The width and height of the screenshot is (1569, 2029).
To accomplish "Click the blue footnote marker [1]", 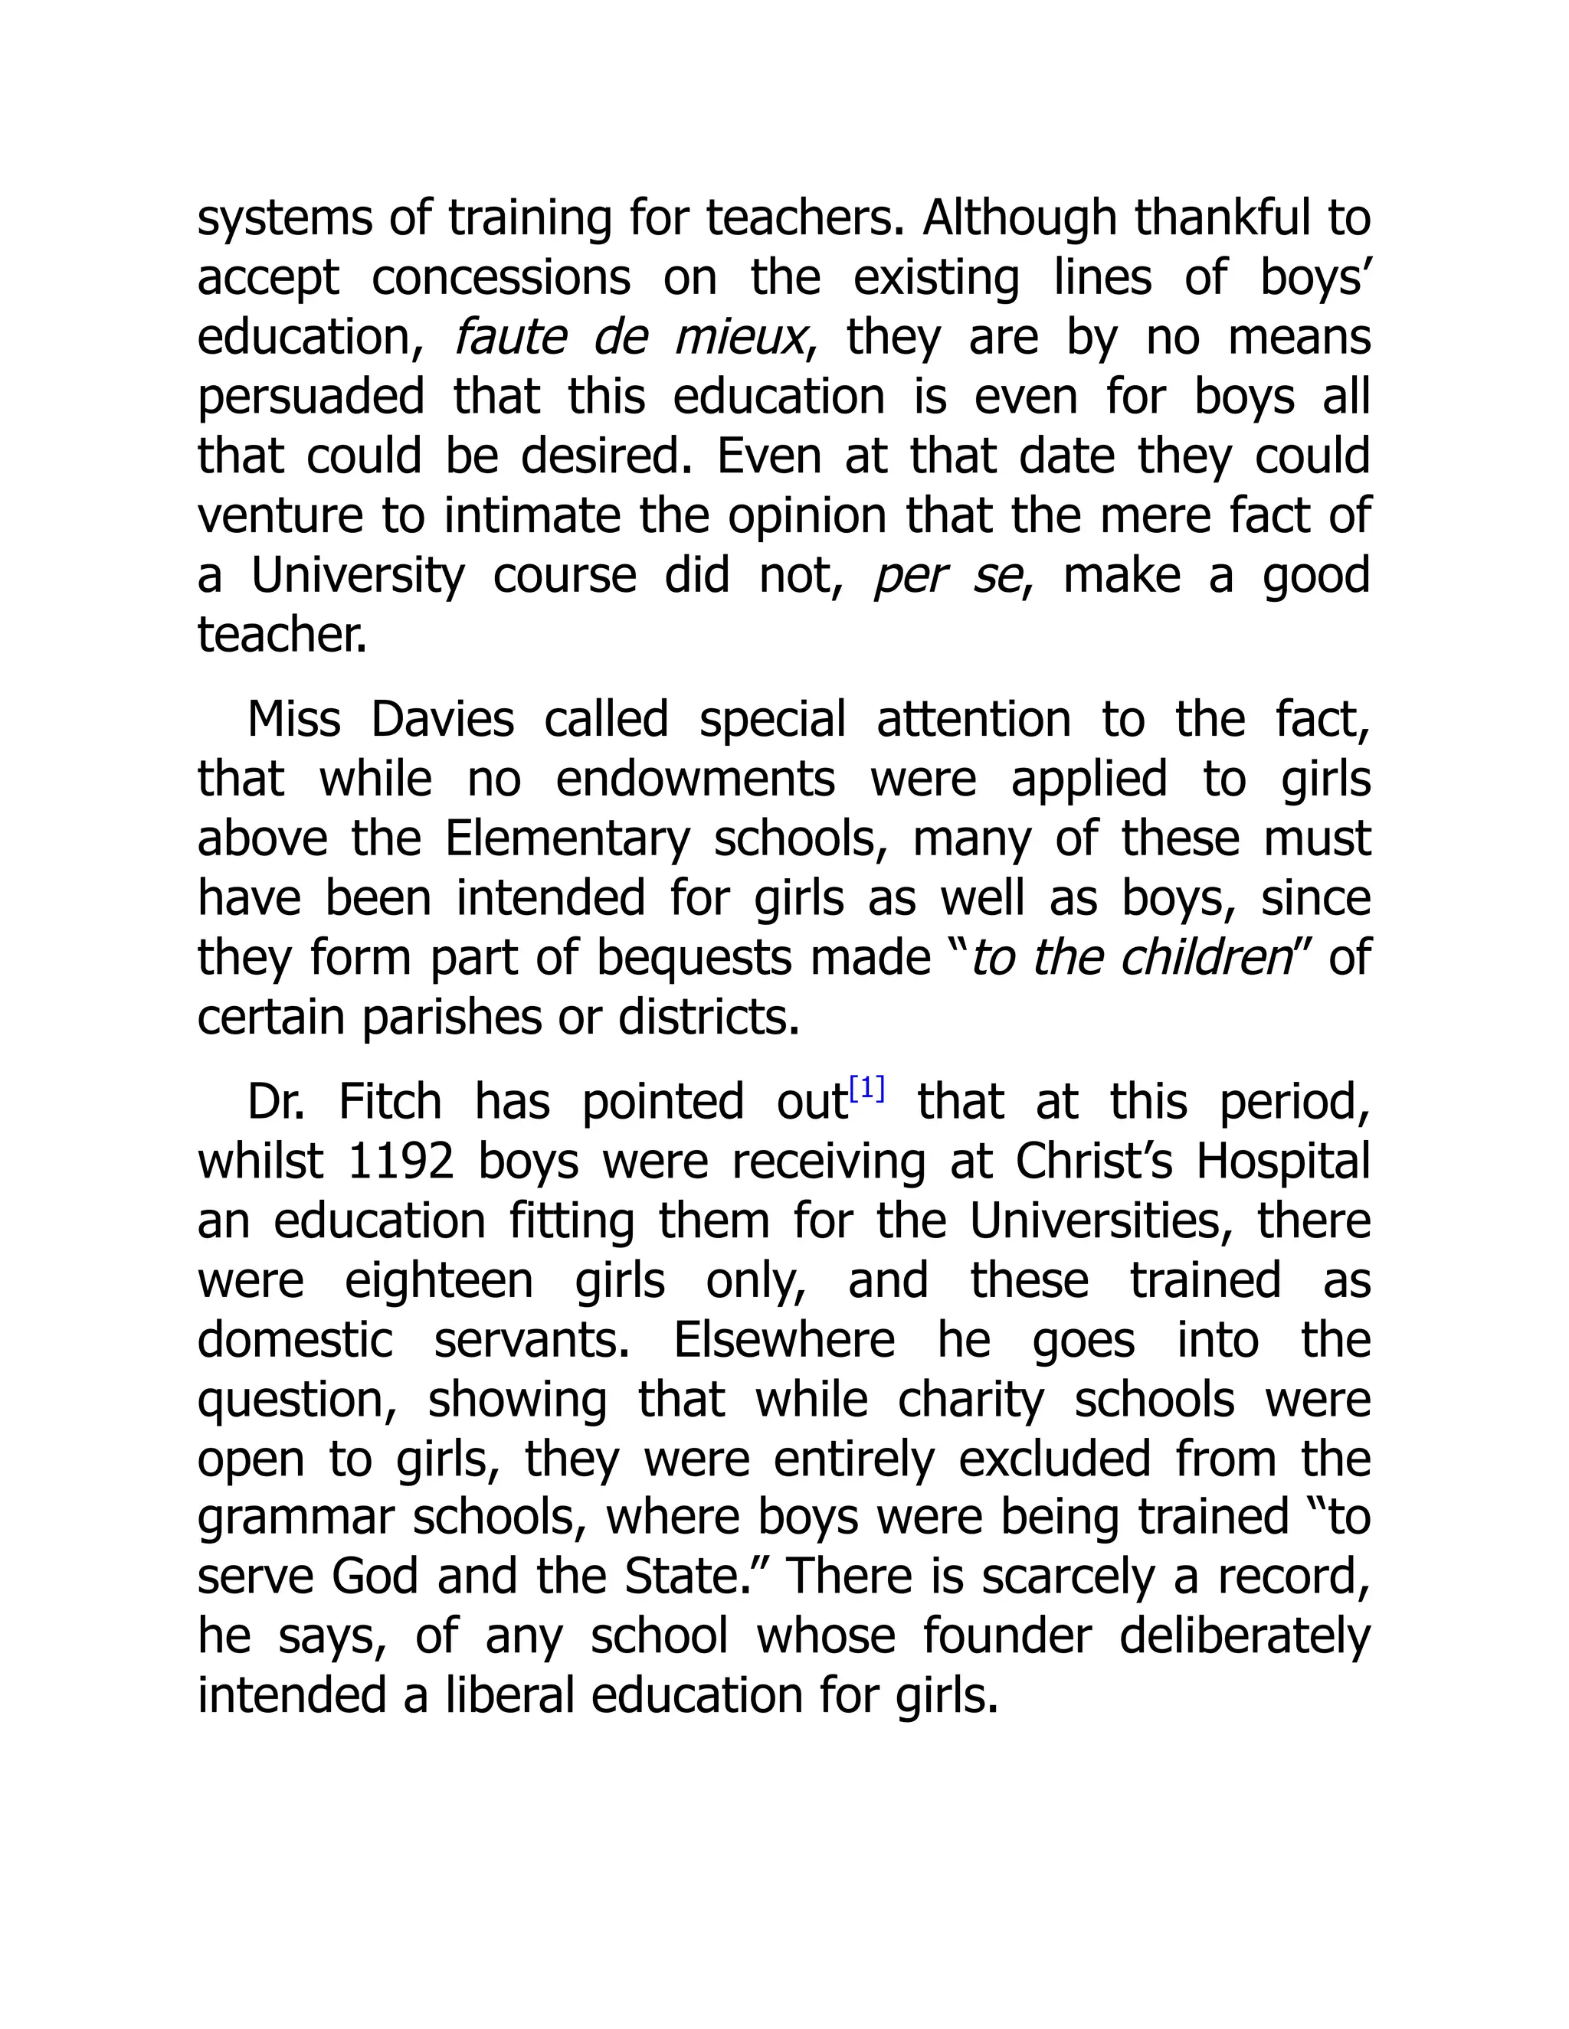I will coord(866,1088).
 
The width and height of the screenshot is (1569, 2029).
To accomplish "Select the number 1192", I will coord(400,1162).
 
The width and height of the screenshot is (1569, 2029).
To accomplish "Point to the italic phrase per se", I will coord(946,576).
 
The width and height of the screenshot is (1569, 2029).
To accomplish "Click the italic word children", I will coord(1207,957).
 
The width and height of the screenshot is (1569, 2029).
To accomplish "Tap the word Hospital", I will coord(1282,1162).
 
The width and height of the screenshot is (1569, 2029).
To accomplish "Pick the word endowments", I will coord(694,779).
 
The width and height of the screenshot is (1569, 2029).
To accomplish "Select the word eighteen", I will coord(439,1280).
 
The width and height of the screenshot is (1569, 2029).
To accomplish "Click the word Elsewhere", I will coord(784,1340).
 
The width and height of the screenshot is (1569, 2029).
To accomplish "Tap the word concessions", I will coord(501,277).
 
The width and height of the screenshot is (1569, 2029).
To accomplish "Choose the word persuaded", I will coord(310,396).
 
